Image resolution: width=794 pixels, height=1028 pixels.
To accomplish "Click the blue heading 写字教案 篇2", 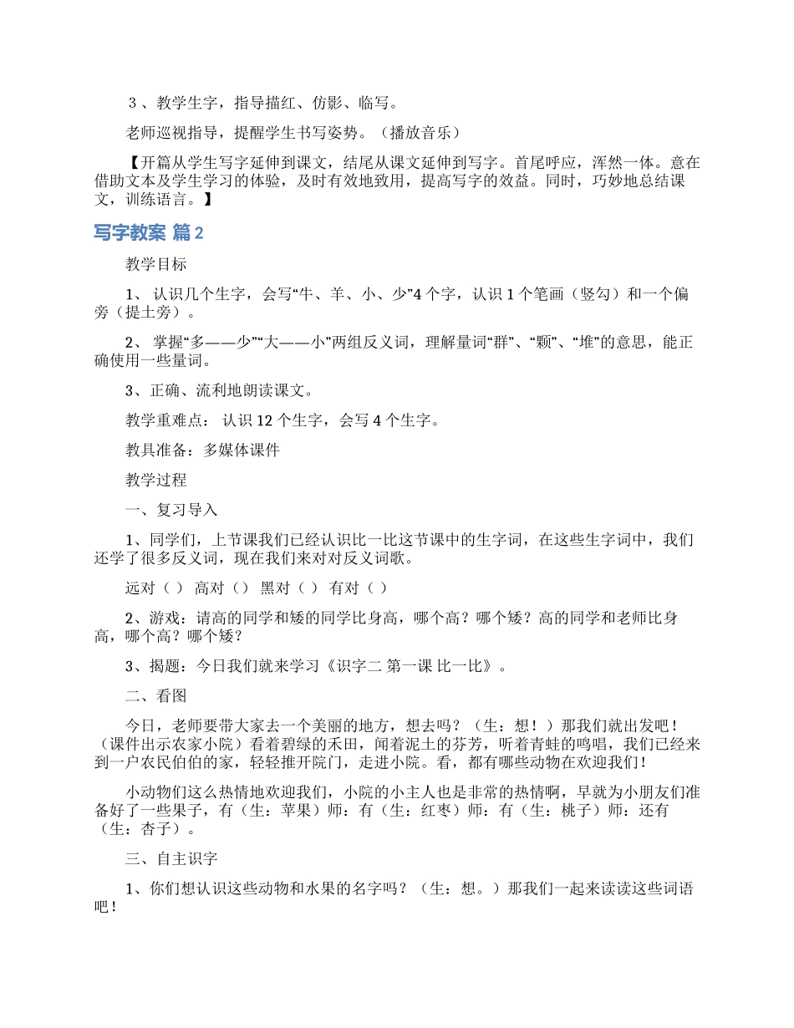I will click(149, 233).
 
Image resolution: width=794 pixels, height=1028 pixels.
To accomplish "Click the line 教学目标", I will click(156, 264).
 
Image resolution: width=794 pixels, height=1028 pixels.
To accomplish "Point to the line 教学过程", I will click(156, 480).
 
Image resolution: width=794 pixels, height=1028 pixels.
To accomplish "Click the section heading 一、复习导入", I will click(171, 510).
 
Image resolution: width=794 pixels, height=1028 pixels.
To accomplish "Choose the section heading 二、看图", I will click(156, 696).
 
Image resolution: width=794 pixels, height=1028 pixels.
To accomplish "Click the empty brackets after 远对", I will click(174, 588).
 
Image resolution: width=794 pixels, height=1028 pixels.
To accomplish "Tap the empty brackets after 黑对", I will click(307, 588).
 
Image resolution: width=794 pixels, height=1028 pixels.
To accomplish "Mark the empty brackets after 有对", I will click(376, 588).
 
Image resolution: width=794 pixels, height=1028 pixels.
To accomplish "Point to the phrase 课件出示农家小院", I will click(173, 745).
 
